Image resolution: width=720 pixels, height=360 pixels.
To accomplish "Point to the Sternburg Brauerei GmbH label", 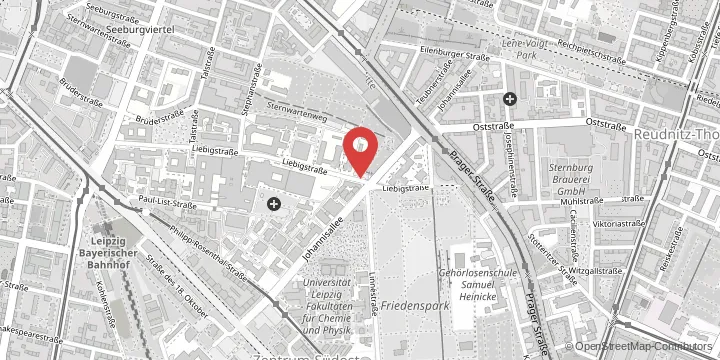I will [x=572, y=177].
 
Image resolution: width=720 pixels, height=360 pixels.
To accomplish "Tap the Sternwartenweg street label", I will [x=297, y=112].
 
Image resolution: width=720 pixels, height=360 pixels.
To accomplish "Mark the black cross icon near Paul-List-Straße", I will [x=273, y=204].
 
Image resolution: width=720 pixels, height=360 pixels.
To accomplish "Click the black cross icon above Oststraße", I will [x=510, y=98].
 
